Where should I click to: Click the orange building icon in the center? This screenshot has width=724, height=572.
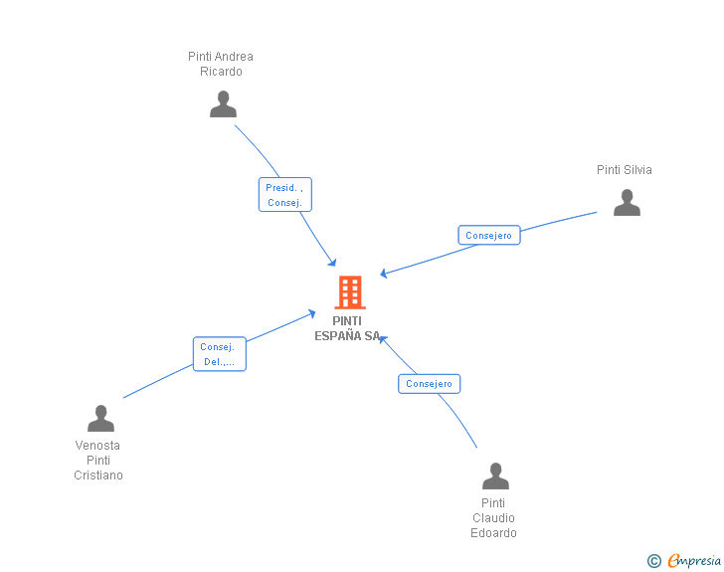pyautogui.click(x=349, y=292)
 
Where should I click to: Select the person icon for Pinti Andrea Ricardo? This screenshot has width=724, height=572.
pyautogui.click(x=223, y=104)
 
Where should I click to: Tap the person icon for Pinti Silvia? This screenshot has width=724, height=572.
pyautogui.click(x=627, y=203)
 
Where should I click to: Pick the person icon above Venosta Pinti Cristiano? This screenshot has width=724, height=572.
pyautogui.click(x=100, y=419)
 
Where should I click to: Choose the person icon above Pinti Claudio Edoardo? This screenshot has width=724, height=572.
pyautogui.click(x=495, y=477)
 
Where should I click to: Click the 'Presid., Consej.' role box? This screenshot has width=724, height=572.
pyautogui.click(x=285, y=195)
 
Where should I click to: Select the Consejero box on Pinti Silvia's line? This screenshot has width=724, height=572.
pyautogui.click(x=488, y=236)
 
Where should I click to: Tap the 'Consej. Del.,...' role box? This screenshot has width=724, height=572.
pyautogui.click(x=219, y=354)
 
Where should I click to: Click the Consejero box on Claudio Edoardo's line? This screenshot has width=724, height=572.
pyautogui.click(x=429, y=383)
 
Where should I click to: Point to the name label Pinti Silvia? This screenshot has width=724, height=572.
pyautogui.click(x=624, y=170)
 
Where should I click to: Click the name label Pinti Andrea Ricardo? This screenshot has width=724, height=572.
pyautogui.click(x=221, y=64)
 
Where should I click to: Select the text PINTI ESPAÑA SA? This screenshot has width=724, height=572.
pyautogui.click(x=347, y=328)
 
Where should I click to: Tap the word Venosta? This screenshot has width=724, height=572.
pyautogui.click(x=97, y=446)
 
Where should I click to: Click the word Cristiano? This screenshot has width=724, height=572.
pyautogui.click(x=98, y=476)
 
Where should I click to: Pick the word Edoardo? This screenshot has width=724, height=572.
pyautogui.click(x=493, y=533)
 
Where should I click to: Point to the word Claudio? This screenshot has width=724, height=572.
pyautogui.click(x=493, y=518)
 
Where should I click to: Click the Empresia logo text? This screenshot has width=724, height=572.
pyautogui.click(x=694, y=561)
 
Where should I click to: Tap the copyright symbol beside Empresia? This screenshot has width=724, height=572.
pyautogui.click(x=653, y=561)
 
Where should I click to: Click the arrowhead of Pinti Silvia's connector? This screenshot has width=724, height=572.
pyautogui.click(x=384, y=274)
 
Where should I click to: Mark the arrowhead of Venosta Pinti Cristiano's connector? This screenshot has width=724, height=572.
pyautogui.click(x=312, y=313)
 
